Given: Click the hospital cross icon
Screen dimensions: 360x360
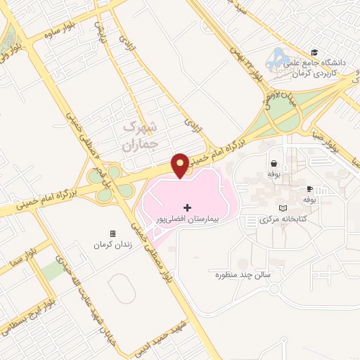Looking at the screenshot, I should click(x=187, y=207).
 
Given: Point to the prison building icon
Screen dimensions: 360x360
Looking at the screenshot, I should click(x=112, y=233).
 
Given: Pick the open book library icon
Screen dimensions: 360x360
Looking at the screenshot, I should click(x=283, y=209).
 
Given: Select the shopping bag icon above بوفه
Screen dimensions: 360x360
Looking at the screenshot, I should click(x=273, y=163).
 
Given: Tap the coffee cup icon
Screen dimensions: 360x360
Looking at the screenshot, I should click(x=309, y=188).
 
